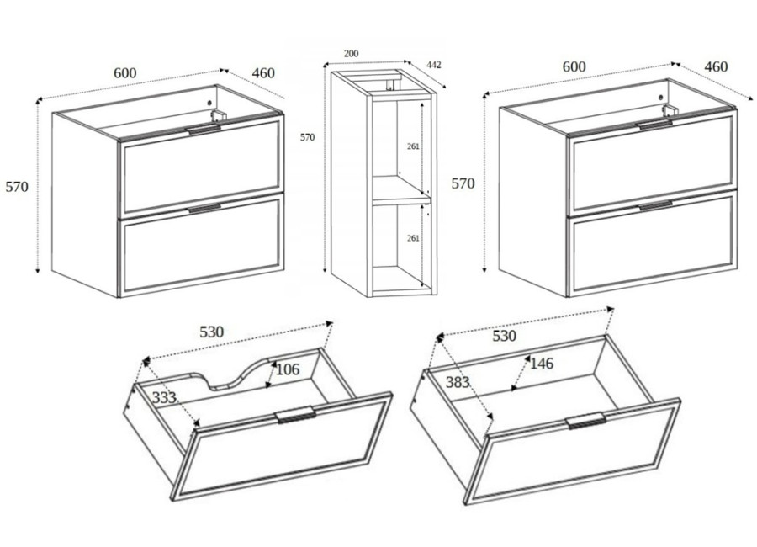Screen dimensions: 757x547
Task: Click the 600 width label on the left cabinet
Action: [x=125, y=73]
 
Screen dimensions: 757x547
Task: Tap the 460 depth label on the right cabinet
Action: [x=716, y=66]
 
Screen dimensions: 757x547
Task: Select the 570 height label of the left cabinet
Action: [x=17, y=187]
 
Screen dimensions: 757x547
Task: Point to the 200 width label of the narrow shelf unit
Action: [x=351, y=53]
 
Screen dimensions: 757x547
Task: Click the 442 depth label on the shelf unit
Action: [x=433, y=65]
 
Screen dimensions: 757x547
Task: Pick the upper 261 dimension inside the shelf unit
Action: [x=413, y=146]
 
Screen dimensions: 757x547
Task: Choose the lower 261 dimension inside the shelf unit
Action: [x=413, y=238]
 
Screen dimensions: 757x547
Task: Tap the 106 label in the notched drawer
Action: [x=288, y=369]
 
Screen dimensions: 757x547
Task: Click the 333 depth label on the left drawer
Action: [x=164, y=398]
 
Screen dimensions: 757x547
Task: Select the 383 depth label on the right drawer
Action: [x=458, y=382]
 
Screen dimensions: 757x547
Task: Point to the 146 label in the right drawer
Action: [x=542, y=364]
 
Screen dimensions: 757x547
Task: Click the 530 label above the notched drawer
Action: [x=212, y=332]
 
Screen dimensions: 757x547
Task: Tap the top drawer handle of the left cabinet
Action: [x=204, y=129]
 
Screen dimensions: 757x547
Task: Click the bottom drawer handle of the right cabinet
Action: [x=655, y=206]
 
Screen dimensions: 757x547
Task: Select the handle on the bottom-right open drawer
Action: [x=586, y=421]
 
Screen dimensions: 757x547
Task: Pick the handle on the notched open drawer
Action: [x=296, y=414]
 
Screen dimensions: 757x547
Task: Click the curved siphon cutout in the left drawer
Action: [x=230, y=374]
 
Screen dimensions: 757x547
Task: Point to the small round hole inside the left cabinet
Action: [x=209, y=103]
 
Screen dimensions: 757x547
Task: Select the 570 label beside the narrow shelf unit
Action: [x=307, y=137]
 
